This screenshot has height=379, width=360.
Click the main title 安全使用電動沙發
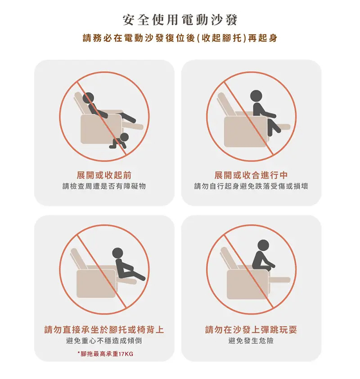(x=180, y=20)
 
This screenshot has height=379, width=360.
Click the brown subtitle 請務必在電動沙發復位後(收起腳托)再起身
(x=180, y=38)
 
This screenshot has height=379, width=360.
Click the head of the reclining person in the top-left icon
(x=88, y=98)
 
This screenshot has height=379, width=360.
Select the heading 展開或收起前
(x=104, y=175)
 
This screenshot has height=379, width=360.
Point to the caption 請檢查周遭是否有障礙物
(x=104, y=186)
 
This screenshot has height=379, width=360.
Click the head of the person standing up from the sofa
(x=256, y=96)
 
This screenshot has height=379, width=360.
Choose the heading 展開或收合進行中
(x=251, y=175)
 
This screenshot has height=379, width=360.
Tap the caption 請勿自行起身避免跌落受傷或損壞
(x=251, y=186)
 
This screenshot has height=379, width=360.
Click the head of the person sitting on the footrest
(x=117, y=253)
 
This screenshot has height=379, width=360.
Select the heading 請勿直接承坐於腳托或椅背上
(x=104, y=330)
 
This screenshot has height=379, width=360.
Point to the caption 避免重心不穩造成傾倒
(x=104, y=341)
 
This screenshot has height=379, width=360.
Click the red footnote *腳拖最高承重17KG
(x=105, y=354)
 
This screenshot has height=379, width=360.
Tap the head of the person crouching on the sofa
(x=263, y=245)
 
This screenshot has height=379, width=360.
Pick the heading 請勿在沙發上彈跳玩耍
(x=251, y=330)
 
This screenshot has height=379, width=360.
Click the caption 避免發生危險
(x=251, y=341)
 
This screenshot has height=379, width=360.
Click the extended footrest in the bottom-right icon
(x=279, y=280)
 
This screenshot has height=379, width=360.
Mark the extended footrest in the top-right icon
(x=282, y=127)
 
